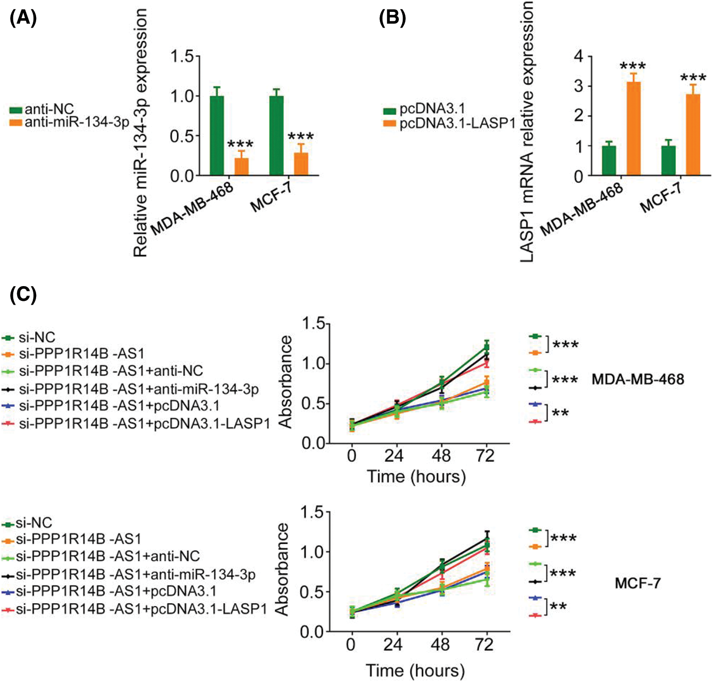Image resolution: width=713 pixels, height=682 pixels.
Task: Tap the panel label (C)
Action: [23, 295]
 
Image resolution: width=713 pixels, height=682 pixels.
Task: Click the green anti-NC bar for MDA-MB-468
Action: [217, 135]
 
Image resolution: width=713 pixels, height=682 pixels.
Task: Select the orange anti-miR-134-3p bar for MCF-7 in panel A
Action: [301, 163]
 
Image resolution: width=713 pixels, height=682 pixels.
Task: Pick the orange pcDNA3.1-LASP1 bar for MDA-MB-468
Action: [634, 128]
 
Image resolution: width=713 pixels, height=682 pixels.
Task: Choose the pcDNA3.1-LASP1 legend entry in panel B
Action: [450, 124]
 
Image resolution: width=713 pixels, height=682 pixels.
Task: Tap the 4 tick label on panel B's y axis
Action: [578, 56]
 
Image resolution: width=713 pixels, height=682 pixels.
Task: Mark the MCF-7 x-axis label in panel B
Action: [661, 199]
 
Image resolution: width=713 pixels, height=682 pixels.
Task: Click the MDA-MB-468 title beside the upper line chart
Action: [637, 379]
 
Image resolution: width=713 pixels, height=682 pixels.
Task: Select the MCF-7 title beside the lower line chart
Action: [637, 583]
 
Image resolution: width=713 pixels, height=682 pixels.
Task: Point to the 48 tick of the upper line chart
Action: [441, 456]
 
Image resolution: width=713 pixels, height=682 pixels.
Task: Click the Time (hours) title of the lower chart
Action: [415, 671]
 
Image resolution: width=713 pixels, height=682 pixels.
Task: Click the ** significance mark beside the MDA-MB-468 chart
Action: [560, 413]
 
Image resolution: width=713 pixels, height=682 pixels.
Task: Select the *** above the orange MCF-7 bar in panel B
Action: [693, 78]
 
